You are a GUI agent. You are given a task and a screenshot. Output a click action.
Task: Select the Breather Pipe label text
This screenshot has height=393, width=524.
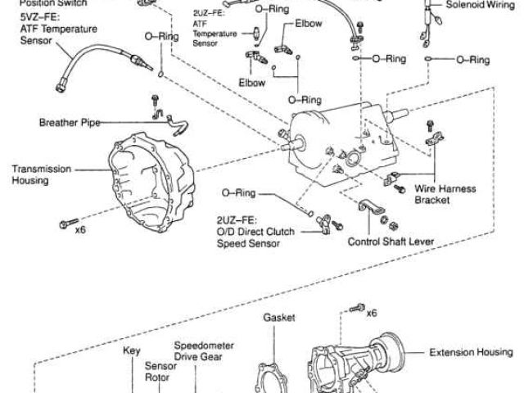coord(69,123)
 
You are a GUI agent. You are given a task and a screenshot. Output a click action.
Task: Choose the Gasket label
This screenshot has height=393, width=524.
coord(278,317)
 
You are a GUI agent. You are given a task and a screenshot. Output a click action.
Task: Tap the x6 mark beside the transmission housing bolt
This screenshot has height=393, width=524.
coord(80,228)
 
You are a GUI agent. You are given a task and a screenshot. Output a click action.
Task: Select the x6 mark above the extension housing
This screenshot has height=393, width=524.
coord(372,313)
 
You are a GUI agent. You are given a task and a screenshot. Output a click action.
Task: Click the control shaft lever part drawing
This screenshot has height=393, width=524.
coord(372,209)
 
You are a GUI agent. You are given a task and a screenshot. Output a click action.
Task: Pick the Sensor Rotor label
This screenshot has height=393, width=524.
coord(157,373)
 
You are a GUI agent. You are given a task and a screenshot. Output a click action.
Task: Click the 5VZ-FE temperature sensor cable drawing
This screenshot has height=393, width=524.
coord(90,62)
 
